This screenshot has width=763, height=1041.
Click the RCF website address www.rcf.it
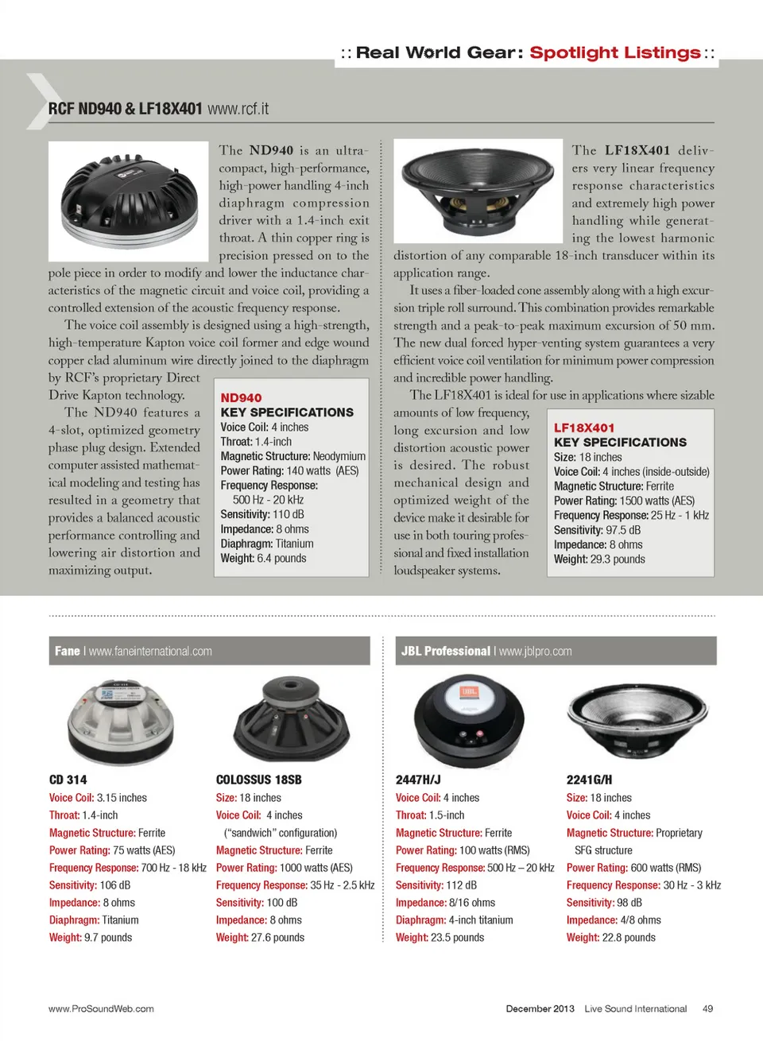click(238, 108)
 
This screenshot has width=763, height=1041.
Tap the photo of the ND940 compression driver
click(129, 200)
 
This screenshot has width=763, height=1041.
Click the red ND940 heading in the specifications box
click(241, 397)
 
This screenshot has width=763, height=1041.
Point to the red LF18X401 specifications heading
click(584, 428)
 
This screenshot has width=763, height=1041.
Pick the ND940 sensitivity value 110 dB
click(289, 514)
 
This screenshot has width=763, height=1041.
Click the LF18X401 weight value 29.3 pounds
click(617, 559)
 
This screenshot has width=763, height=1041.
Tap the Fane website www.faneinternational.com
click(150, 651)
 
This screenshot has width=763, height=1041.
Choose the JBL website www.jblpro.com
click(535, 651)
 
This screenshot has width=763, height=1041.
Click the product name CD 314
click(68, 780)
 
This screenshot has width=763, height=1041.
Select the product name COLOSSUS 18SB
click(259, 780)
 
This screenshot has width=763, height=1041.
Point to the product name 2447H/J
click(418, 780)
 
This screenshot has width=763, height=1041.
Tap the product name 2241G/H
click(589, 780)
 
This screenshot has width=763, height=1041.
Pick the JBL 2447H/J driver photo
click(469, 719)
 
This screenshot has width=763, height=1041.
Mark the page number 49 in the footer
click(707, 1008)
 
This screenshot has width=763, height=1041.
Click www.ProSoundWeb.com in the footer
click(101, 1008)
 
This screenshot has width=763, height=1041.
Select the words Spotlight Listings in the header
click(615, 52)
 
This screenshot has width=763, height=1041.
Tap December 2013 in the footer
click(540, 1008)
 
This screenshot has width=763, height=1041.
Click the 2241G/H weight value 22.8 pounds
click(629, 938)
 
